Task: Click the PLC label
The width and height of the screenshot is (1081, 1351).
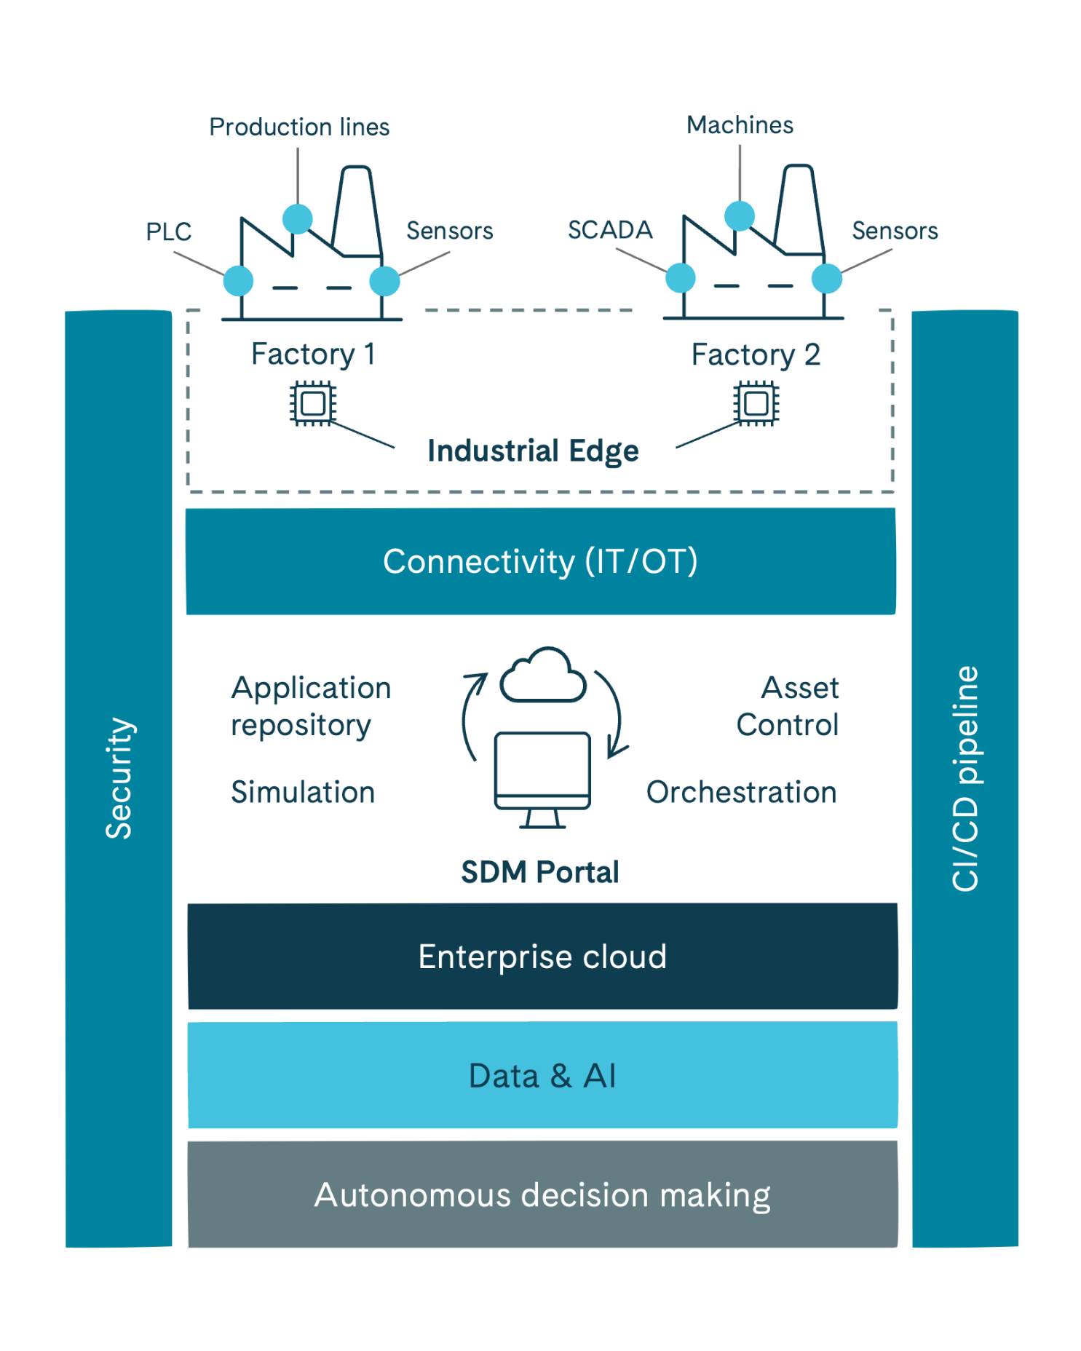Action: point(168,231)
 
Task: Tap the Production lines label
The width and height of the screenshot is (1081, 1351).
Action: point(299,127)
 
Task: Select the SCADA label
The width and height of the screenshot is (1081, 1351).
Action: point(610,230)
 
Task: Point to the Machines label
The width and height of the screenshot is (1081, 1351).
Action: point(740,125)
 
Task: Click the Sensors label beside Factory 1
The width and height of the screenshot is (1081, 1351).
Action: point(449,231)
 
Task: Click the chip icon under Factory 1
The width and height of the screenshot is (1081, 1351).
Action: point(313,403)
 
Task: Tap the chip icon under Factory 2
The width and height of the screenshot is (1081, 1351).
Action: point(756,403)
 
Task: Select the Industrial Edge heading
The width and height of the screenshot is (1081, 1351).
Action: point(533,451)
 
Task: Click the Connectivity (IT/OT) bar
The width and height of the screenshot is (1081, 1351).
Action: point(540,561)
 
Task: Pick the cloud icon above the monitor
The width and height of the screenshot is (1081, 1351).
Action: point(543,676)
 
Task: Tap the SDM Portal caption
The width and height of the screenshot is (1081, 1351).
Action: point(540,872)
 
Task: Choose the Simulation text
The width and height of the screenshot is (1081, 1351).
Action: point(303,792)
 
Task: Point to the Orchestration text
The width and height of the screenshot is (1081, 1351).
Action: point(741,792)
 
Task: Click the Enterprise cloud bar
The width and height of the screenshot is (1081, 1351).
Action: point(542,956)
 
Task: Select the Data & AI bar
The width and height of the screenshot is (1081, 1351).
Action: point(542,1076)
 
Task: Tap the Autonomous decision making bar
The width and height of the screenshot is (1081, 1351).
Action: point(542,1194)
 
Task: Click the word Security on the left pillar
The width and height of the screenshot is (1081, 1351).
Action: point(119,778)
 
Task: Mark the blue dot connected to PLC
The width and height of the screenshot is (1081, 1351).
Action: point(238,281)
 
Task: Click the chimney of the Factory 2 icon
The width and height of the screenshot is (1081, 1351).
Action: point(799,207)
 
